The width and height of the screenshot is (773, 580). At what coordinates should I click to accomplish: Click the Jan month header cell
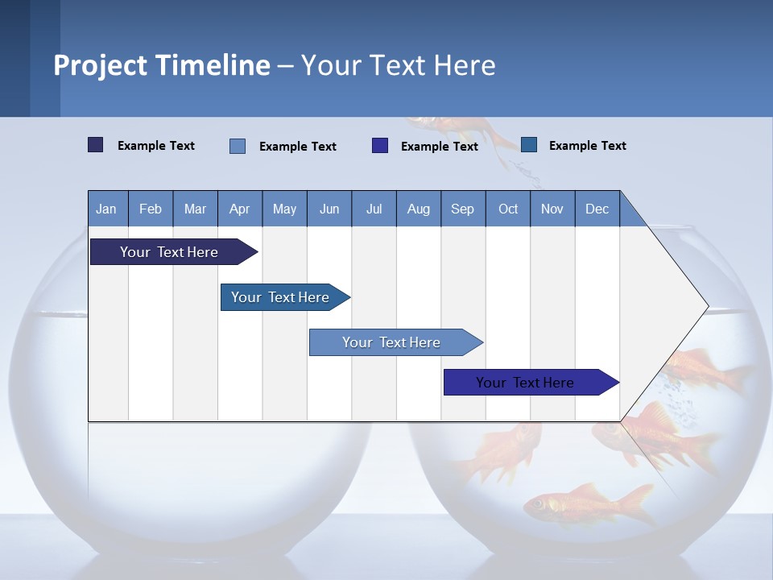106,209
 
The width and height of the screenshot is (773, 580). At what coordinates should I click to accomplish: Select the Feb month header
151,209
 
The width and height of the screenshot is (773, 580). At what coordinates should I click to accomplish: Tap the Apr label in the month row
240,209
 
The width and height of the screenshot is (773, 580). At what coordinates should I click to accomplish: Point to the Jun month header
329,209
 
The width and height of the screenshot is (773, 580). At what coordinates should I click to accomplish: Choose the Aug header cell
419,209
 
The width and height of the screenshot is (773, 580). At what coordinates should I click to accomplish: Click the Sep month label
463,209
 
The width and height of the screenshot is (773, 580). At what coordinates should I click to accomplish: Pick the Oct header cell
508,209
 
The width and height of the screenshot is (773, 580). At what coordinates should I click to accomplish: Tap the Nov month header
552,209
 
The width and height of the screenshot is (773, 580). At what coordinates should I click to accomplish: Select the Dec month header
597,209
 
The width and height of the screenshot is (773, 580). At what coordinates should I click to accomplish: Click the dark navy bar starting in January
169,252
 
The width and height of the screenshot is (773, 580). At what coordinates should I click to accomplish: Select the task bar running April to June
280,297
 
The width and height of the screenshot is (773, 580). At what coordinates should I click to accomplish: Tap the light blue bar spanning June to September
391,342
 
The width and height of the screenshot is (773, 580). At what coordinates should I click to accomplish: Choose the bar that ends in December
525,383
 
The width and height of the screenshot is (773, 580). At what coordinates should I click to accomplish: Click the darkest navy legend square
96,145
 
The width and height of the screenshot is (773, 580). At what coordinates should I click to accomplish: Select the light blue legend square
238,146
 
